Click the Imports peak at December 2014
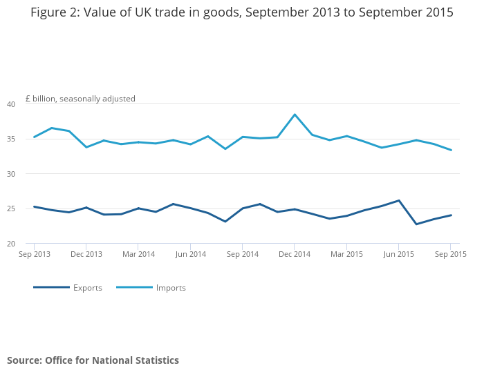(x=295, y=115)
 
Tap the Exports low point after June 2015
(x=416, y=224)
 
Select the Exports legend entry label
(x=88, y=288)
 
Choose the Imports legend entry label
(x=171, y=288)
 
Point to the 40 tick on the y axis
(x=11, y=104)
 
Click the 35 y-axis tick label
(x=11, y=139)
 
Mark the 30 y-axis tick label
(x=11, y=174)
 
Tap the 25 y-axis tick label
(x=11, y=209)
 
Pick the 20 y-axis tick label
(x=11, y=244)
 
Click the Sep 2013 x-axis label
(x=34, y=254)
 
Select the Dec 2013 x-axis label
(x=86, y=254)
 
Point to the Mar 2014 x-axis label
(x=138, y=254)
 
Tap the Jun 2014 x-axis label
(x=190, y=254)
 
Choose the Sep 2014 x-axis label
(x=242, y=254)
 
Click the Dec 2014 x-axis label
(x=294, y=254)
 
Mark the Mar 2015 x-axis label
(x=346, y=254)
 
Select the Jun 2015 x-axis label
(x=398, y=254)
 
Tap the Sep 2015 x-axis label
(x=450, y=254)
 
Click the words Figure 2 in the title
(x=55, y=12)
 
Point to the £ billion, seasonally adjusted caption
(x=80, y=99)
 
